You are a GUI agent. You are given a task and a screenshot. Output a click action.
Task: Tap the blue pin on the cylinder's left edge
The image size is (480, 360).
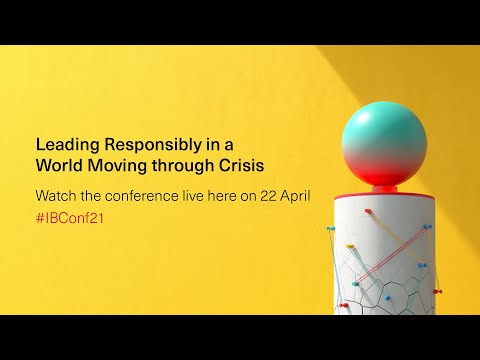coord(331,229)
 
